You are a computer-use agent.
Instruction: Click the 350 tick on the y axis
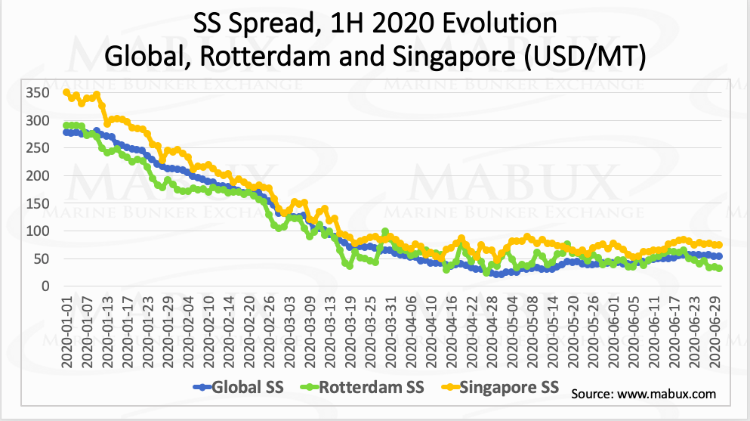(x=38, y=93)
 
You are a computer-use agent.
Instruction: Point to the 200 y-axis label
(x=38, y=175)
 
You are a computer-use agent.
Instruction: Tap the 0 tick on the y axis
(x=46, y=286)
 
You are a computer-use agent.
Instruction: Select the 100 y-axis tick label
(x=38, y=231)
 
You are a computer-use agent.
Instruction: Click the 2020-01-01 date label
(x=67, y=332)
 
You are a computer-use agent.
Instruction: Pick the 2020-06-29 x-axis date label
(x=715, y=332)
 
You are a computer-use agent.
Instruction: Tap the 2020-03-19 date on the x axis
(x=350, y=332)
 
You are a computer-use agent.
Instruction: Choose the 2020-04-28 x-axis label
(x=492, y=332)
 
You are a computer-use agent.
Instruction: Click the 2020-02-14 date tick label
(x=229, y=332)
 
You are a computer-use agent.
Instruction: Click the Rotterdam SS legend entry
(x=362, y=387)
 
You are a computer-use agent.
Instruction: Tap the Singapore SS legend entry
(x=500, y=387)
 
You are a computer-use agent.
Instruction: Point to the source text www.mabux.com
(x=666, y=395)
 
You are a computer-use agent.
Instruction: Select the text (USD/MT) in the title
(x=585, y=56)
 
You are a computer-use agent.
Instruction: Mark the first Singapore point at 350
(x=66, y=92)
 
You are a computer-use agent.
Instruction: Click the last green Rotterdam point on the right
(x=719, y=268)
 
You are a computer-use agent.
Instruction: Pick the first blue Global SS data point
(x=66, y=132)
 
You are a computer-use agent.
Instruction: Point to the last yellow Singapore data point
(x=719, y=245)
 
